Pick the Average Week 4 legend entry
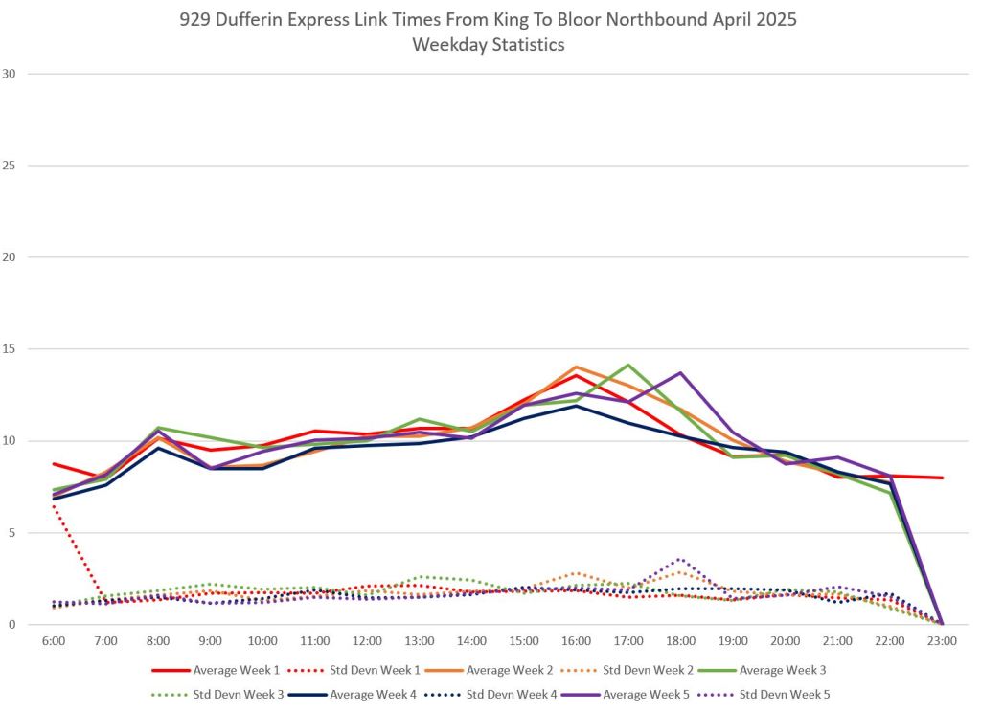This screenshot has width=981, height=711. [x=374, y=693]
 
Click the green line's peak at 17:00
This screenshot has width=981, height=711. [x=628, y=365]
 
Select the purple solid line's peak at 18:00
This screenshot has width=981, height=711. [x=680, y=372]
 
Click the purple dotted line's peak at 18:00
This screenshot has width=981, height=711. [x=680, y=559]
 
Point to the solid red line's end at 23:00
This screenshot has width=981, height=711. [x=943, y=478]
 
